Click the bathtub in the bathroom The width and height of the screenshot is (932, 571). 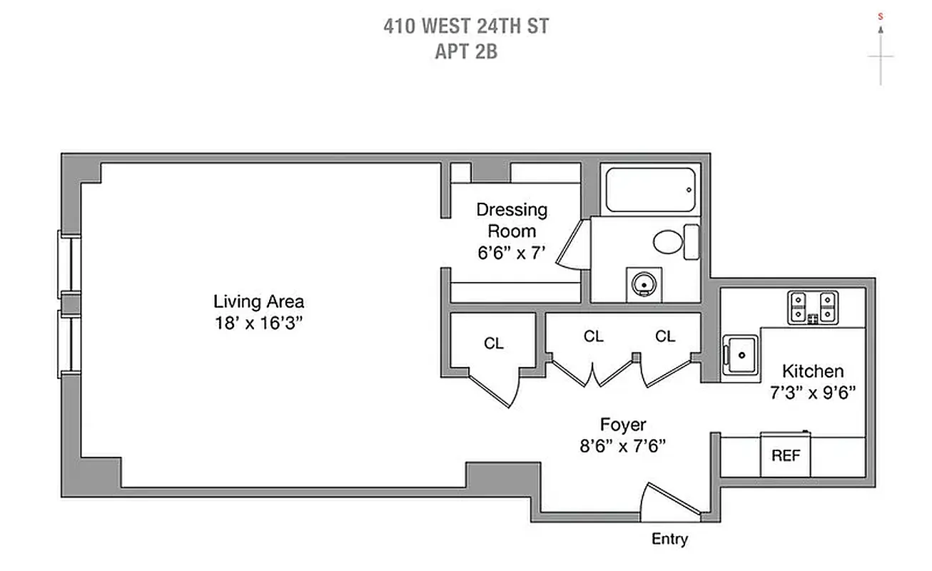click(x=650, y=190)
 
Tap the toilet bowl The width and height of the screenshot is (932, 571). click(x=669, y=241)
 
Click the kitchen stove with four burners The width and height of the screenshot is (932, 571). click(x=812, y=307)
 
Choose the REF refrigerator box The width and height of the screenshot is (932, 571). click(x=786, y=455)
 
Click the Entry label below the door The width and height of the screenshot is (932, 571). click(x=669, y=539)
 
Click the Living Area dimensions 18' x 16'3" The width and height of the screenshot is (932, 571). click(x=259, y=323)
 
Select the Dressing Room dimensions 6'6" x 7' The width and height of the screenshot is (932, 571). click(x=512, y=252)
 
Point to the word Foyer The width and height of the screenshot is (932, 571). click(x=622, y=425)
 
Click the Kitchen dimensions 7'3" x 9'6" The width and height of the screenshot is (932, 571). click(x=813, y=392)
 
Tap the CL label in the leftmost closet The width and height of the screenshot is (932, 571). click(x=493, y=343)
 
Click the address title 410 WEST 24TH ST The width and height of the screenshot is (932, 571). click(x=466, y=27)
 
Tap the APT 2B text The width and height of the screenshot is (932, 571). click(x=466, y=51)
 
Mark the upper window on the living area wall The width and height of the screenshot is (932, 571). click(x=70, y=264)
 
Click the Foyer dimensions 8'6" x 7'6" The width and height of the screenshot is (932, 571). click(x=622, y=446)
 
